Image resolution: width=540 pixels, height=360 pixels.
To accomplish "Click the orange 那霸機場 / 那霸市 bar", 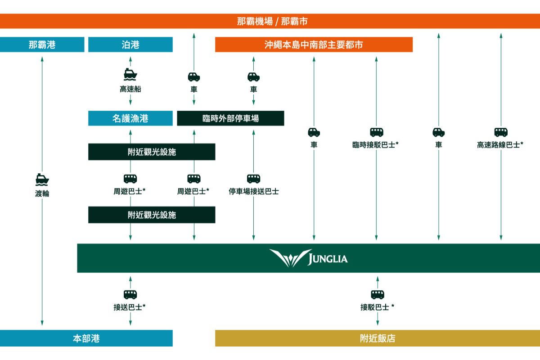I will (270, 21).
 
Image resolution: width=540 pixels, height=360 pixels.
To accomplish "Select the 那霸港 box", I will (42, 45).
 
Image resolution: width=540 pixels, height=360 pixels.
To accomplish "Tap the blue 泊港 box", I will (130, 45).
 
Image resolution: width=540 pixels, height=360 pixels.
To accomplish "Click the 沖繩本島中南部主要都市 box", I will (314, 45).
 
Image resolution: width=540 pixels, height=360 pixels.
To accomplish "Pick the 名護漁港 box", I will (130, 118).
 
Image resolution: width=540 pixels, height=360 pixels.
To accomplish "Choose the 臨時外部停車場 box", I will (230, 118).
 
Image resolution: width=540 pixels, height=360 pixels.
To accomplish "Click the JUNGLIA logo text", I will (327, 259).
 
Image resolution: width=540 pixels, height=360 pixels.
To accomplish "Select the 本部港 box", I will (86, 338).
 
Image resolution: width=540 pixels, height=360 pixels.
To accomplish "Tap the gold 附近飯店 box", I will (377, 338).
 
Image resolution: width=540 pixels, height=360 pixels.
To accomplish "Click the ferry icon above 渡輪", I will (42, 179).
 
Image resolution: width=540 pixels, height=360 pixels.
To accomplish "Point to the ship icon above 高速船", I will (130, 75).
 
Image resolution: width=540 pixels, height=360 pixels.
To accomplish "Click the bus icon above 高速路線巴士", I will (501, 132).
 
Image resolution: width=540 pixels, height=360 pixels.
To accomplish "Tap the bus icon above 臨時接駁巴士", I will (377, 132).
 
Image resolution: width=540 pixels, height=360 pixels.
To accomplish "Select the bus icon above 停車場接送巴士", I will (253, 179).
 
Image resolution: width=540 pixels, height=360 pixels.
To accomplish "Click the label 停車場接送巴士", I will (253, 192).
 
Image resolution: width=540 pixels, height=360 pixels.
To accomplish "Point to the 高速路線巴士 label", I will (500, 145).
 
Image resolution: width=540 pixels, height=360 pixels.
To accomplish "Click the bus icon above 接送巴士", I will (130, 295).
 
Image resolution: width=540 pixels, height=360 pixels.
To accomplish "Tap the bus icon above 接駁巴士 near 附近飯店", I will (377, 295).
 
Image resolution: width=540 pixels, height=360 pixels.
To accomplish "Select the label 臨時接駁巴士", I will (376, 145).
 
